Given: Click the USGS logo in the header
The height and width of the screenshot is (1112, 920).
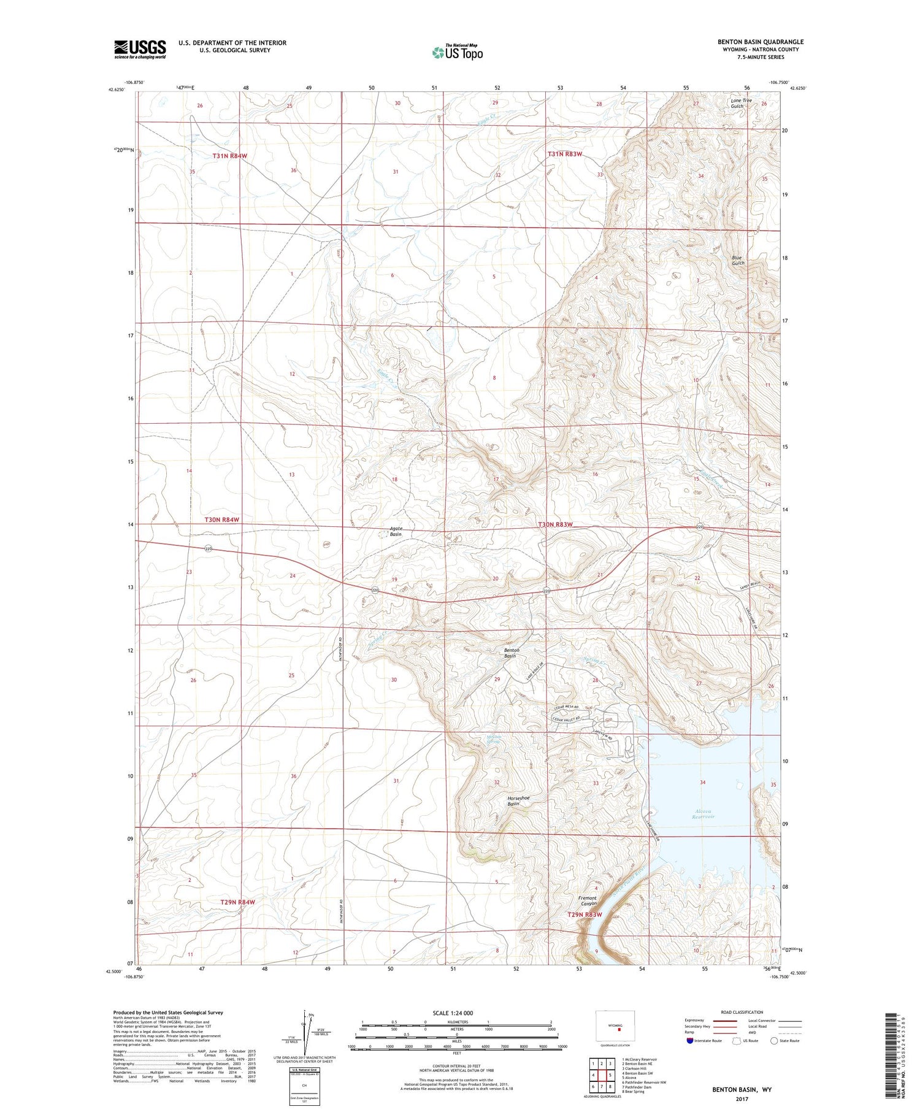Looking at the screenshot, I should pos(140,49).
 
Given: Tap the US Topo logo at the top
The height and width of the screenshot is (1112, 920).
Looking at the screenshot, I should pos(457,53).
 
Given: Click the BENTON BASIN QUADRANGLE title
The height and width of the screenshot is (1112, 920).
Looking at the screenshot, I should pos(761,42).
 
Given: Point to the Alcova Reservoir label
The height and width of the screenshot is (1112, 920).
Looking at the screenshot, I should pos(703,814).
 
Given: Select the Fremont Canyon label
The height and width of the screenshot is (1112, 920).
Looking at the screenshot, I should pos(588,901).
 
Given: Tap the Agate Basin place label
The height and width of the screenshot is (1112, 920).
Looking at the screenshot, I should pos(396,531).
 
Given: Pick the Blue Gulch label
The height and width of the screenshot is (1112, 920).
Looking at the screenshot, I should pos(738,260).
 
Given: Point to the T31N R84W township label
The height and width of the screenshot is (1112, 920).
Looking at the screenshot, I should pos(230,156).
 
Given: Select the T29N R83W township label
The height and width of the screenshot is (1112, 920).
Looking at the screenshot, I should pos(584,915).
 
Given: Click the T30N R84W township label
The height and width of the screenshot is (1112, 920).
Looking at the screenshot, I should pos(221,520).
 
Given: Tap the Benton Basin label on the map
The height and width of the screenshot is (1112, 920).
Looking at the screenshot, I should pos(511,653).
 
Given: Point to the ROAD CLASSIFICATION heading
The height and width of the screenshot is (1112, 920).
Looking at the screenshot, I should pos(742,1012).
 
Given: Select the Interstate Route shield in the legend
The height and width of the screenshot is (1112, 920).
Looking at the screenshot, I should pos(691,1040).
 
